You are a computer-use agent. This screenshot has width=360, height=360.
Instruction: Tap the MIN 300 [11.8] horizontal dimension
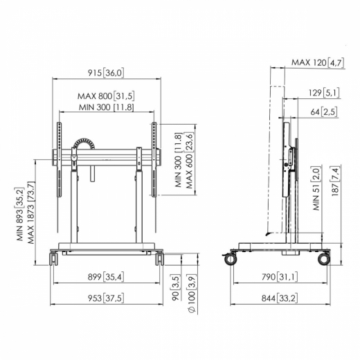[x=105, y=107]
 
